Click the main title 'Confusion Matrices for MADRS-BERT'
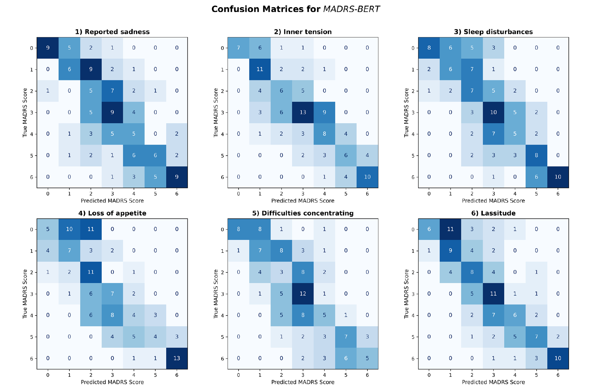(x=295, y=9)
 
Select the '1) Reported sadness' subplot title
(x=112, y=32)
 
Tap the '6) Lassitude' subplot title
(x=493, y=213)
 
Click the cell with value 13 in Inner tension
(x=303, y=112)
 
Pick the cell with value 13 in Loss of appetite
(x=177, y=358)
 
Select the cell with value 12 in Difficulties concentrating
(x=303, y=294)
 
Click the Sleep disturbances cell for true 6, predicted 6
(x=558, y=177)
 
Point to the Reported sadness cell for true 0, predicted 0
(x=48, y=48)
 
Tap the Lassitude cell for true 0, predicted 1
(x=450, y=229)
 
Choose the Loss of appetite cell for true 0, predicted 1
(x=69, y=229)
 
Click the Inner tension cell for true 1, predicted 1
(x=260, y=69)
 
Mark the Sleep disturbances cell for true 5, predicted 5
(x=536, y=155)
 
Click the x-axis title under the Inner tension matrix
(x=303, y=201)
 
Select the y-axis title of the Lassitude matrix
(x=406, y=294)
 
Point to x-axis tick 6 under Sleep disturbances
(x=558, y=194)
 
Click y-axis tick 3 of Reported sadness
(x=32, y=112)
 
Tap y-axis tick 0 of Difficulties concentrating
(x=222, y=229)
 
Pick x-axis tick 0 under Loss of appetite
(x=48, y=375)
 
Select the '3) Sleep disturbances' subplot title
(x=493, y=32)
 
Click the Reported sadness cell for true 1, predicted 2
(x=91, y=69)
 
